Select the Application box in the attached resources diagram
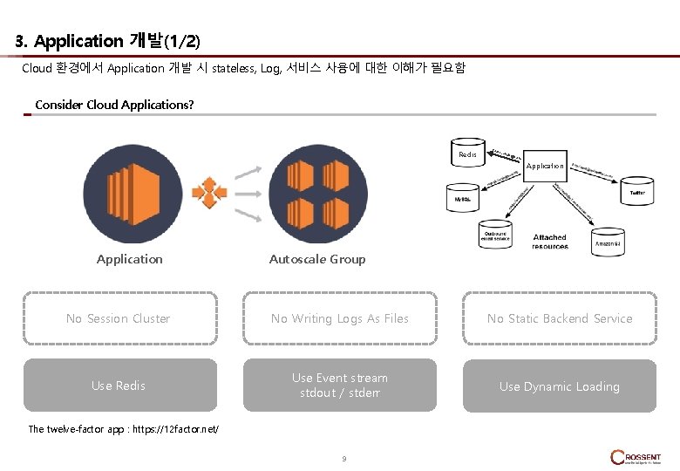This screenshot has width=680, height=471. coord(545,165)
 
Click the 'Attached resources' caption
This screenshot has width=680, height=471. coord(549,242)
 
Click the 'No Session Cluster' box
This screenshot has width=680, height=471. coord(119,319)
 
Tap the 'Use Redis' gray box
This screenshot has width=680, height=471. coord(119,386)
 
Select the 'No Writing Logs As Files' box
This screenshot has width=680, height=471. coord(339,319)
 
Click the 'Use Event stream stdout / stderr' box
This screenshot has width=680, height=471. coord(339,386)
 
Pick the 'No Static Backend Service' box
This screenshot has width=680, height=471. coord(559,319)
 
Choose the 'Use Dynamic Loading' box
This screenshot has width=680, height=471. coord(559,386)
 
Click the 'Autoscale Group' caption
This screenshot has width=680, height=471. coord(317,259)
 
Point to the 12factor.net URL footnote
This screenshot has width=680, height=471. coord(124,429)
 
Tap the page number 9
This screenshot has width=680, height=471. coord(344,459)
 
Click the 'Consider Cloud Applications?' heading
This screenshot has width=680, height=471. coord(114,105)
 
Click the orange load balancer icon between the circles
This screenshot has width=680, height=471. coord(209,192)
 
